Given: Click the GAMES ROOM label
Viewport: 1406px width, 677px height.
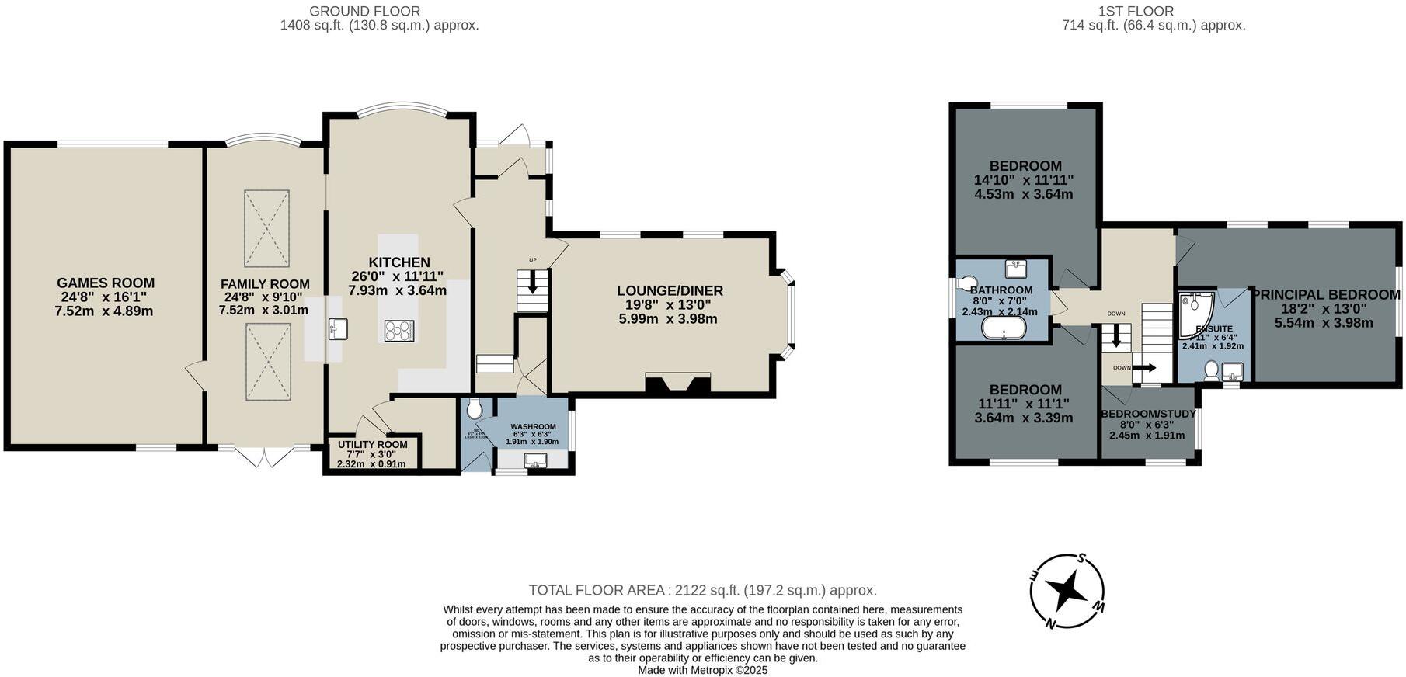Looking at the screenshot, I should pos(106,283).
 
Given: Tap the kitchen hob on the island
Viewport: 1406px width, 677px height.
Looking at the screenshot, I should pos(399,331).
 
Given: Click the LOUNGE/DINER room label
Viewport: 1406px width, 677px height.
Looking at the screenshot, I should pos(670,291).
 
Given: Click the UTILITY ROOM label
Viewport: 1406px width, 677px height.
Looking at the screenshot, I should pos(372,445).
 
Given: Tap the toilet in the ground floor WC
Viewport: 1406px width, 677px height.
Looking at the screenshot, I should pos(475,408).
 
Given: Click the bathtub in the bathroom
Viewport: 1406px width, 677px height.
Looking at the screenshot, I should pos(1004,330).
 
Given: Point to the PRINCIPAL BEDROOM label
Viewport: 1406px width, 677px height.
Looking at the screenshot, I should pos(1326,295).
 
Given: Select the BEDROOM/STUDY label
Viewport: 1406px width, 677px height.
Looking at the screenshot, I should pos(1148,414).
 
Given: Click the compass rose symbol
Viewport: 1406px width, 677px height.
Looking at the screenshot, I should pos(1067,592).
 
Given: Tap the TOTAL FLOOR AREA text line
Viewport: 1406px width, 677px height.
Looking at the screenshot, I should pos(702,590).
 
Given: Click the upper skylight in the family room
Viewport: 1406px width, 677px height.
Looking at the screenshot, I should pos(267,228).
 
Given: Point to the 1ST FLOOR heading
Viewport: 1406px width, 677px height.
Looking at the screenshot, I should pos(1135,11).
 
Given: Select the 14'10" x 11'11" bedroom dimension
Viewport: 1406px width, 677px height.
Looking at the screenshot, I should pos(1023,180).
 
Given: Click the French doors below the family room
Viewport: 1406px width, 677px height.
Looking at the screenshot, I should pos(265,457).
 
